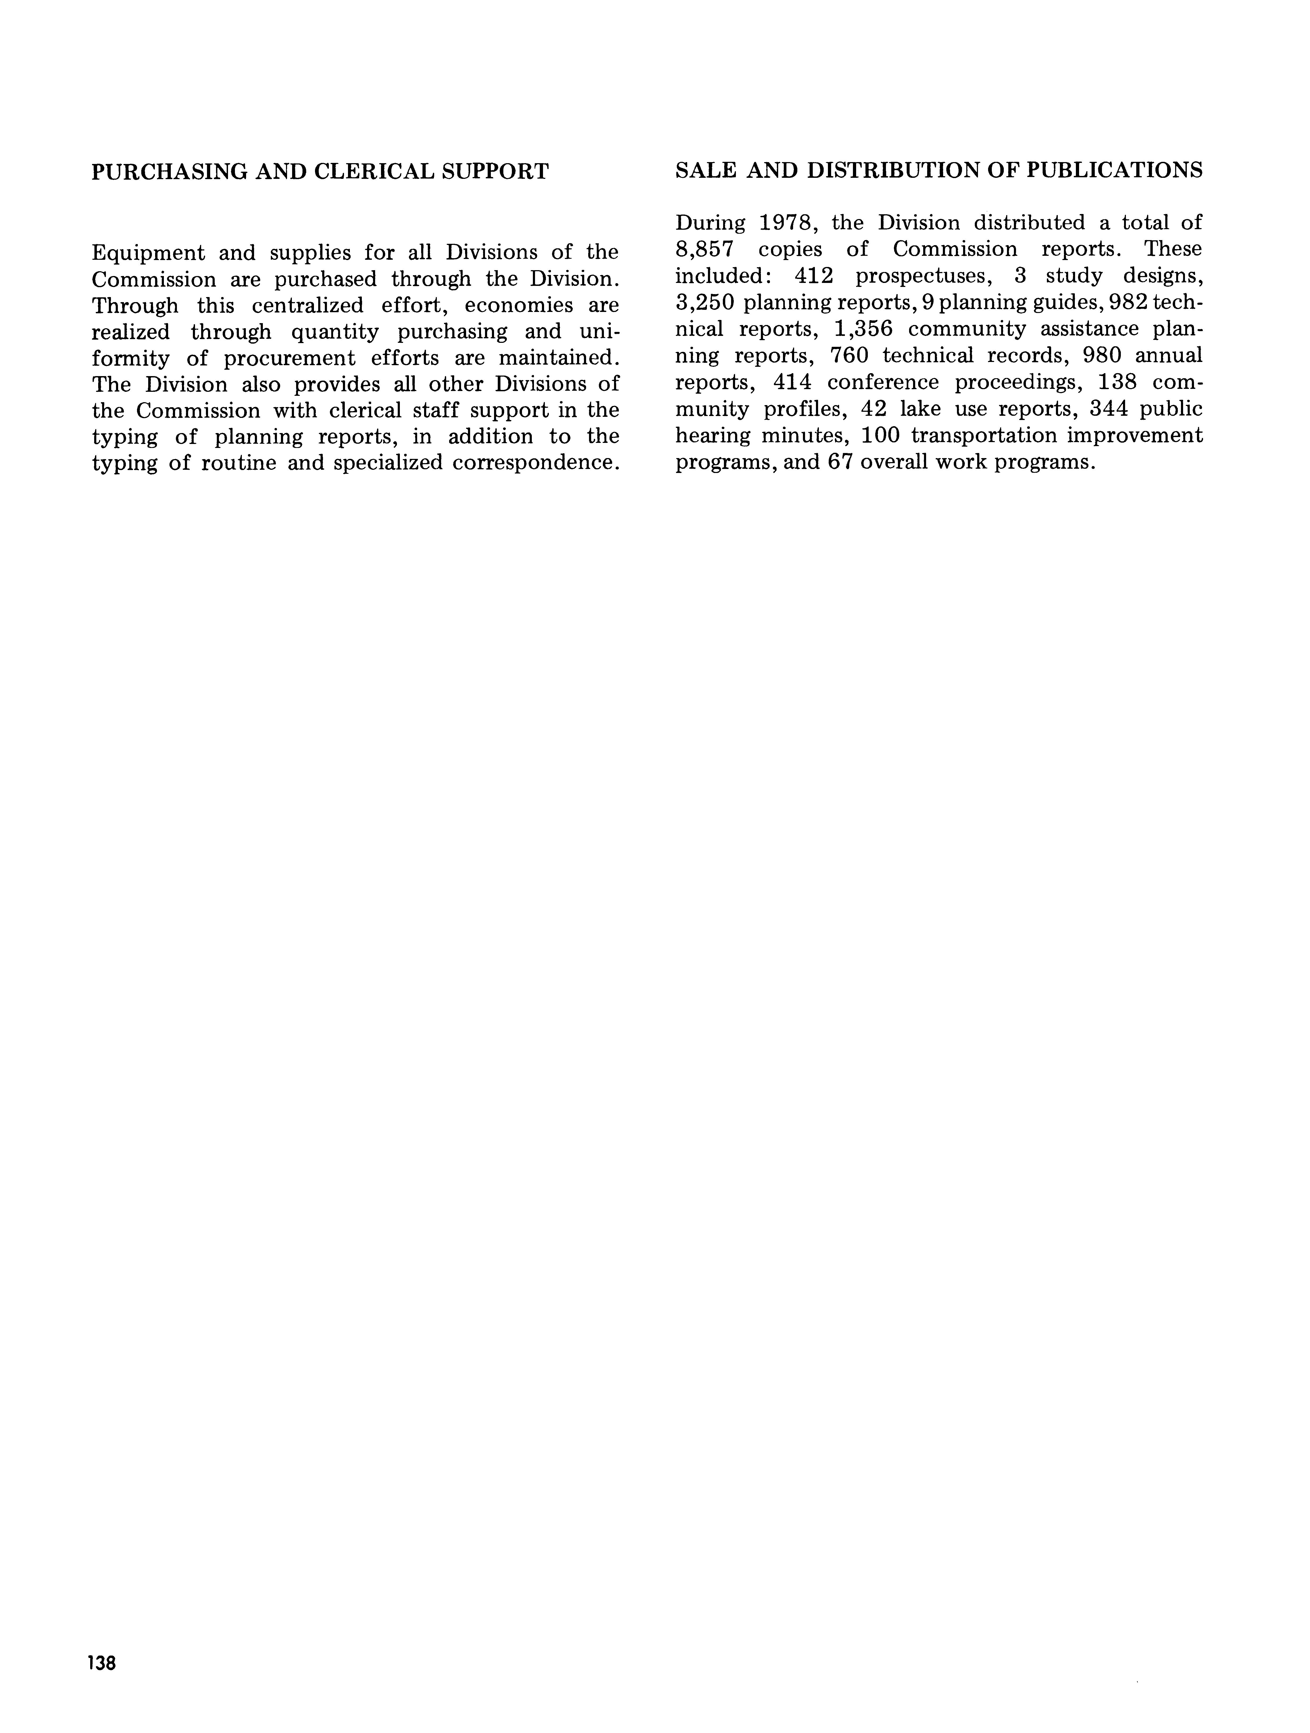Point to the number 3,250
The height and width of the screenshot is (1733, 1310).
pyautogui.click(x=704, y=302)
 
